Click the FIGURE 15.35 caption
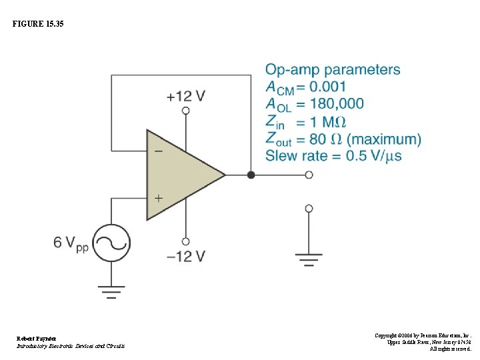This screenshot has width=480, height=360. click(39, 24)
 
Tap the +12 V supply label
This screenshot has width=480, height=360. click(185, 96)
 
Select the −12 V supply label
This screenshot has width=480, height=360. click(185, 256)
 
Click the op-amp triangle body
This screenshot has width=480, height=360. click(180, 175)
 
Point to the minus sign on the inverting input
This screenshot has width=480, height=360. click(158, 151)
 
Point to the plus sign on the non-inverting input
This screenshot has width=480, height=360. click(158, 198)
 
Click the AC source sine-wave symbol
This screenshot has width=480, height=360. click(111, 243)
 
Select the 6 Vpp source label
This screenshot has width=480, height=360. click(71, 243)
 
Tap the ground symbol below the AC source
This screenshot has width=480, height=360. click(111, 292)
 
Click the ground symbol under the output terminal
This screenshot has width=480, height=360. click(309, 259)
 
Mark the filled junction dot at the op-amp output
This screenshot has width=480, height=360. click(251, 175)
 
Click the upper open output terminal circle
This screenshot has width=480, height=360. click(309, 175)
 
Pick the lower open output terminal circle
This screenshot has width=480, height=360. click(309, 209)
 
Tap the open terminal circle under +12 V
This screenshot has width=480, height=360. click(185, 111)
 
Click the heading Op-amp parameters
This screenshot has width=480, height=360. click(333, 70)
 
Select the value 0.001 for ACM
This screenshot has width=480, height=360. click(327, 87)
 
